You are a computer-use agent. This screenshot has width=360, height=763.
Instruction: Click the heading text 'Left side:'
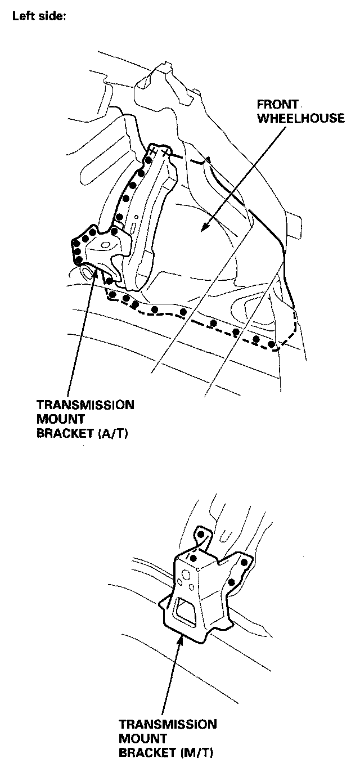pyautogui.click(x=39, y=16)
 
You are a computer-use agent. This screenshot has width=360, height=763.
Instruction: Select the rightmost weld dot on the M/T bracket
pyautogui.click(x=244, y=562)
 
